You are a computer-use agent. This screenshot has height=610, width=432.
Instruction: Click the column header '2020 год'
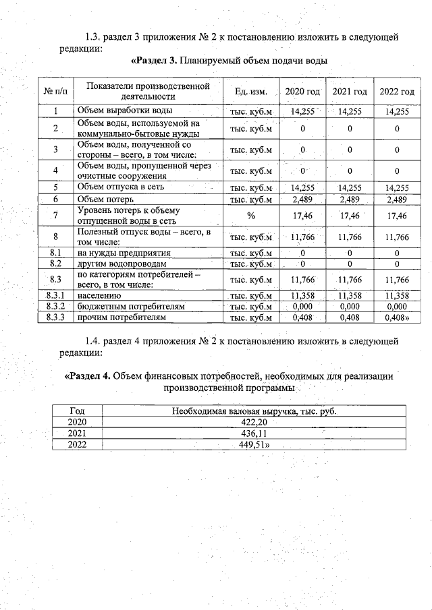(x=302, y=92)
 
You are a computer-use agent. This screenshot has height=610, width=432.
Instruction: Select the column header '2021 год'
(x=350, y=92)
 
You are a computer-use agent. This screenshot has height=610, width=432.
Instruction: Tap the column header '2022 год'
(x=396, y=92)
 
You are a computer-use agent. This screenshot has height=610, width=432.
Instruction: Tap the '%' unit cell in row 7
(x=250, y=216)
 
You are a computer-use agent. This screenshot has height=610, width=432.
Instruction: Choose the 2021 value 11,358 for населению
(x=350, y=296)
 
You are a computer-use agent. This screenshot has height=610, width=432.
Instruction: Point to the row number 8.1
(x=56, y=253)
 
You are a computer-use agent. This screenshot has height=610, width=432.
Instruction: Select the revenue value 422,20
(x=253, y=422)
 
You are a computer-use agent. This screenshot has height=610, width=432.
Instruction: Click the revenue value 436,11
(x=253, y=433)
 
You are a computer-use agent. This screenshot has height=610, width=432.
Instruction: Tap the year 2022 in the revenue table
(x=78, y=444)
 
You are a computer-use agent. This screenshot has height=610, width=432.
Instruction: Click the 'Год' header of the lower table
(x=78, y=410)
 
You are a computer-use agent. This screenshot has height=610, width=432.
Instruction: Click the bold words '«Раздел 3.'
(x=153, y=61)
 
